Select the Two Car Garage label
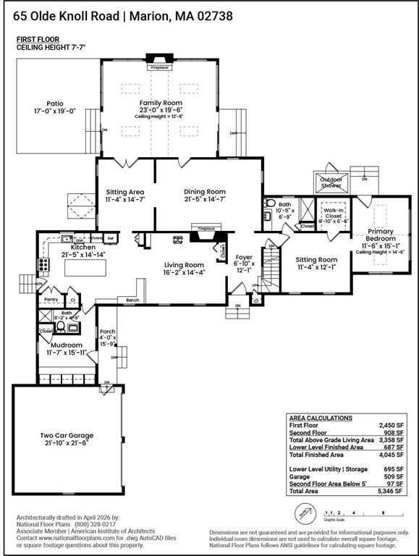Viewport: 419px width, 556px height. (67, 436)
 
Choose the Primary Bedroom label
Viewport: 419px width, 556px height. (380, 236)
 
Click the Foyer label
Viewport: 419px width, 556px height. (242, 257)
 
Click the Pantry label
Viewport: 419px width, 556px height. (51, 299)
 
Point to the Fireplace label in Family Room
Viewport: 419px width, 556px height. (159, 67)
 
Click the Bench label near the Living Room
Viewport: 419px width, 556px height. (132, 300)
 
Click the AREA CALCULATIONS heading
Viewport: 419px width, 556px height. (321, 418)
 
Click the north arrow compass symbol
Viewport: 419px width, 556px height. (305, 515)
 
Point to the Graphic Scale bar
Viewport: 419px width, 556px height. (360, 513)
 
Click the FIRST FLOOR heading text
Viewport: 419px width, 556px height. (38, 39)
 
